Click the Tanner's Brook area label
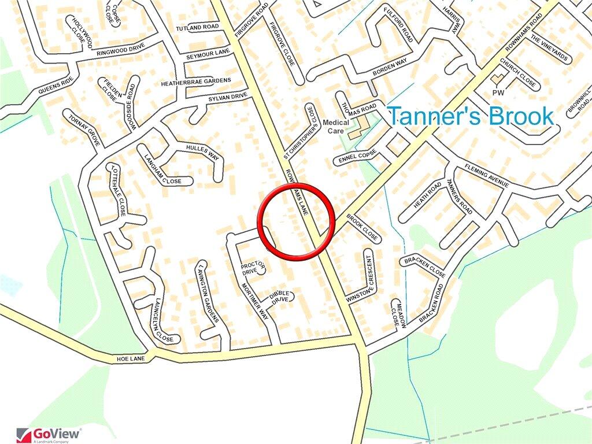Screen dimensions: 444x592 coord(470,116)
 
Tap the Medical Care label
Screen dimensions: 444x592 coord(336,127)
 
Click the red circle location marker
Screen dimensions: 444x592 coord(296,221)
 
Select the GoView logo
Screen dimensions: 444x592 coord(49,434)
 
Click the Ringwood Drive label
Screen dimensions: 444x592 coord(121,51)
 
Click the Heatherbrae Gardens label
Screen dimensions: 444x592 coord(196,80)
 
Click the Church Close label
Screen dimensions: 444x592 coord(517,73)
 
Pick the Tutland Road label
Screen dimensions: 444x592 coord(198,27)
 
